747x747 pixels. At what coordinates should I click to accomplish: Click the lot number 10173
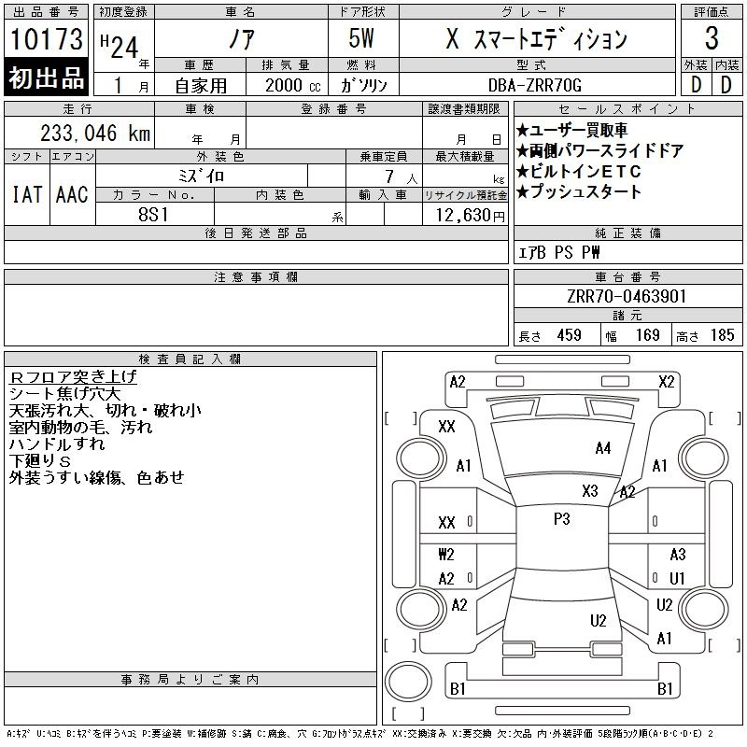click(47, 39)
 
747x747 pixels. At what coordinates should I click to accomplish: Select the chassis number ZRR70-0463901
click(627, 297)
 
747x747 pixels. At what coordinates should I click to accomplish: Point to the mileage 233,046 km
click(96, 134)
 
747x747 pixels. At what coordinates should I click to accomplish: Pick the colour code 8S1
click(155, 215)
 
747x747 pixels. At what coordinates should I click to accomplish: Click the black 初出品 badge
click(47, 79)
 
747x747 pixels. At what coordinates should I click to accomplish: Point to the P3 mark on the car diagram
click(561, 519)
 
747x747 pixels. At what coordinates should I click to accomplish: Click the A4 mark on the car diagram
click(602, 448)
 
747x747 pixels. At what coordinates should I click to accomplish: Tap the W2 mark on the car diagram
click(446, 555)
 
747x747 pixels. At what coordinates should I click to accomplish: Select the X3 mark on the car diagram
click(589, 491)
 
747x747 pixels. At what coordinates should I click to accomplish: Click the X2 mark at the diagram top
click(666, 381)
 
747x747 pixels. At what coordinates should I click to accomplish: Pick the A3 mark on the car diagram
click(677, 555)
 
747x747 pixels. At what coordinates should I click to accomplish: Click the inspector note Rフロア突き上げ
click(73, 376)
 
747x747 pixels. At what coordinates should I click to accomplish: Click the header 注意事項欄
click(255, 276)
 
